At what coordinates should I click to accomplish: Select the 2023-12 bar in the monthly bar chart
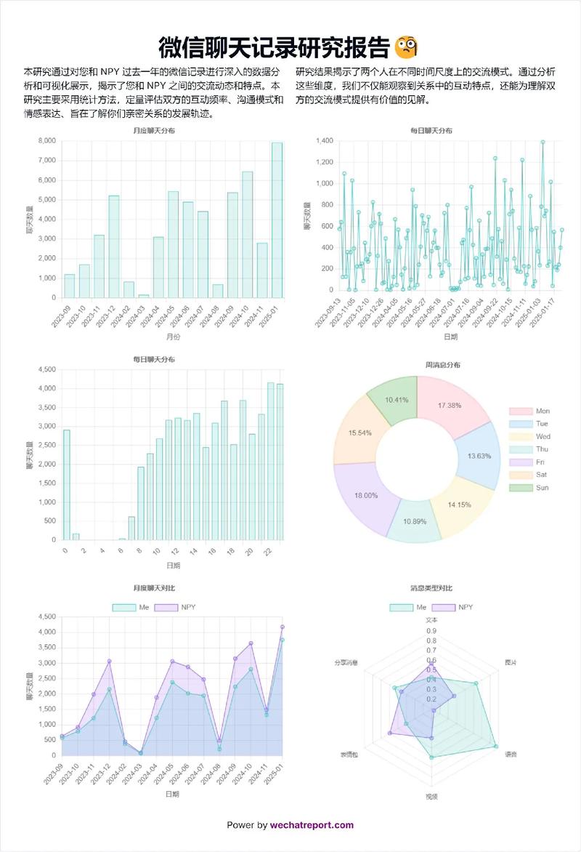coord(114,247)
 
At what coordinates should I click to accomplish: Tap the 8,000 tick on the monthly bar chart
coord(46,141)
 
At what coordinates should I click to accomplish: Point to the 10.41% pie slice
coord(392,399)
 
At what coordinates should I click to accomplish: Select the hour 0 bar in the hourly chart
coord(67,485)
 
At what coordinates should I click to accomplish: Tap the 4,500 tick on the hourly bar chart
coord(46,370)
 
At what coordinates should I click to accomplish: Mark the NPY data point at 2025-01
coord(282,627)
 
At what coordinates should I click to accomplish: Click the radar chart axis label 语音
coord(511,755)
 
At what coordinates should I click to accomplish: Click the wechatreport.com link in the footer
coord(312,824)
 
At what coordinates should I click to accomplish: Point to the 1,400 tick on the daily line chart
coord(323,141)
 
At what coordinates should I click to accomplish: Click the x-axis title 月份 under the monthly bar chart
coord(172,337)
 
